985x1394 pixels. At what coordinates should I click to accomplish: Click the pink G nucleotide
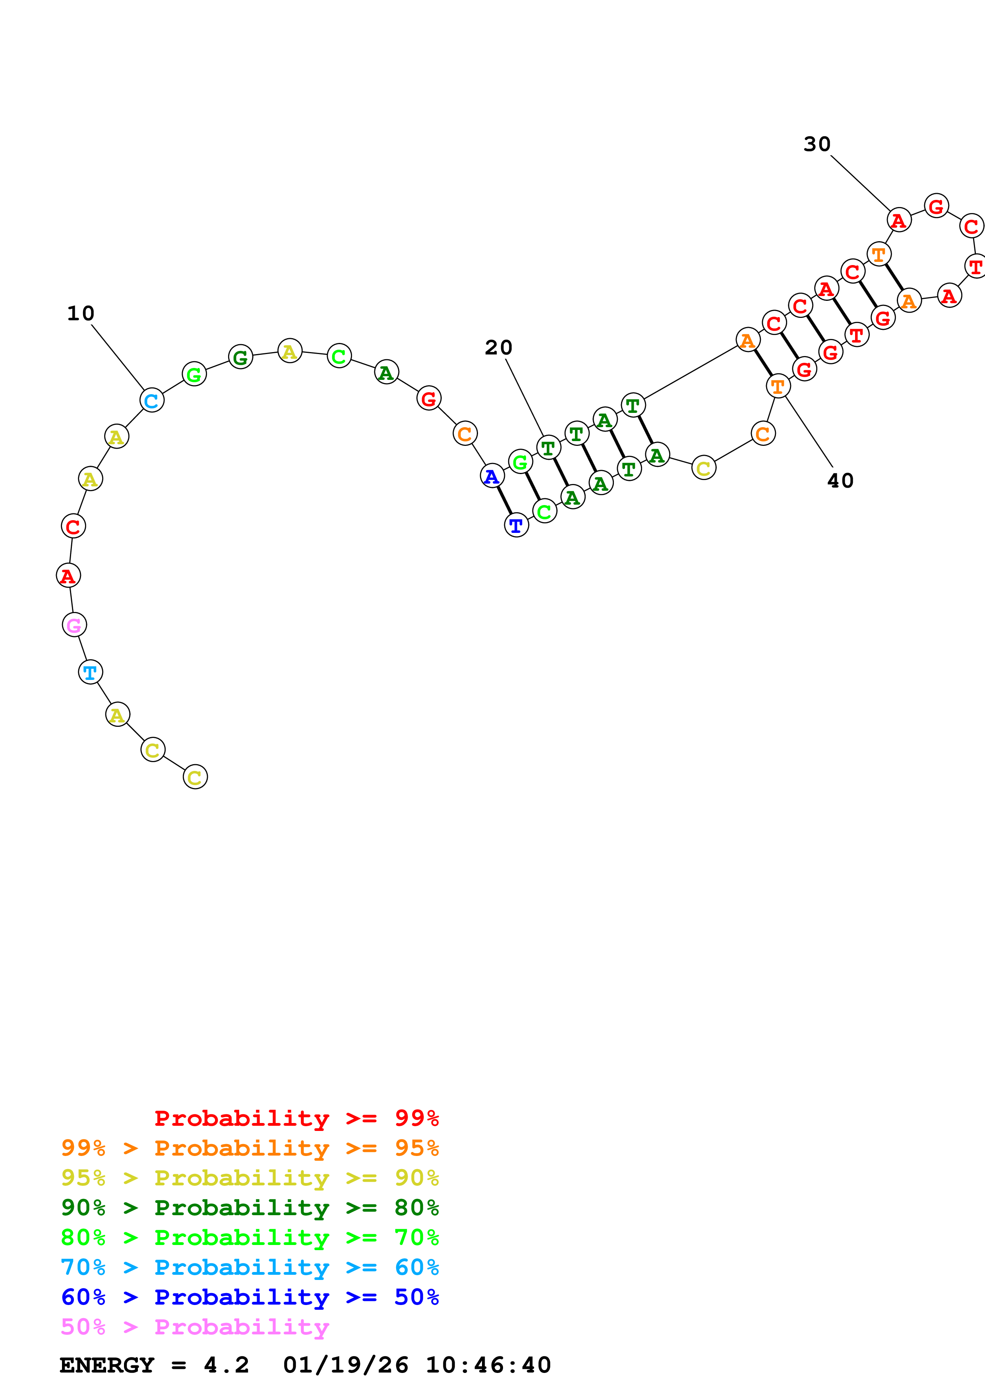point(74,625)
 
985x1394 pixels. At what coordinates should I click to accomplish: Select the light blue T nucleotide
point(91,672)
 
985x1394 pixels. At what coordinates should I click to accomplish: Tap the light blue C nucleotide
point(152,400)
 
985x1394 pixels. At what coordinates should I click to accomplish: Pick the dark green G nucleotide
point(240,357)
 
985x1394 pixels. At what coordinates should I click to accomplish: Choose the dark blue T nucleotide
point(517,525)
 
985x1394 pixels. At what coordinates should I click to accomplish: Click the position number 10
point(81,313)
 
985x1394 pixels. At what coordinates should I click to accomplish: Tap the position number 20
point(498,347)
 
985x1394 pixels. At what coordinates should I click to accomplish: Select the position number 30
point(817,144)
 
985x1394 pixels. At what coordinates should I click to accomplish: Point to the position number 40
point(840,481)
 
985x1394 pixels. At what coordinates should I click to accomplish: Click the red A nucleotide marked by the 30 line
point(899,220)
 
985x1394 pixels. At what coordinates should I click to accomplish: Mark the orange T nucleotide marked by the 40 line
point(778,386)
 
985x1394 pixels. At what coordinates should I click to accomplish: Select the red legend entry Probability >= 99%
point(296,1118)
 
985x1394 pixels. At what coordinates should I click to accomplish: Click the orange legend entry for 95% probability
point(250,1148)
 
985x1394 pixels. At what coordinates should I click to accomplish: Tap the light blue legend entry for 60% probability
point(250,1267)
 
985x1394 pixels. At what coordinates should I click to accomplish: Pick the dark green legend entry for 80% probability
point(250,1208)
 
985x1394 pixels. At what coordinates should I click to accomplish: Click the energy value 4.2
point(226,1365)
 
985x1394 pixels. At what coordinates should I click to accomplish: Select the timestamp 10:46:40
point(488,1365)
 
